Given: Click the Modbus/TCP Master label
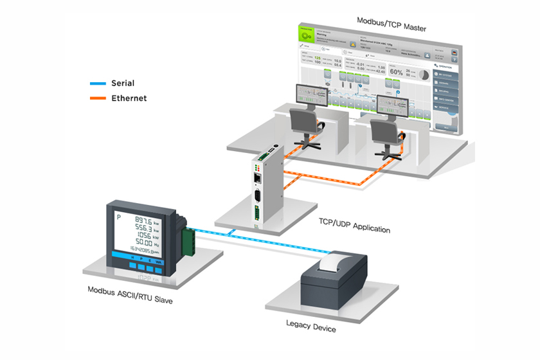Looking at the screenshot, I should pyautogui.click(x=392, y=19).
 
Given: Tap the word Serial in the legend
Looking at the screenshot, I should pyautogui.click(x=123, y=84).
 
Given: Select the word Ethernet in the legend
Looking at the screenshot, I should pyautogui.click(x=129, y=98).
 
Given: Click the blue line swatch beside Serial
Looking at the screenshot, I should pyautogui.click(x=97, y=84).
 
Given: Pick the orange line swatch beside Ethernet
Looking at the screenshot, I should pyautogui.click(x=97, y=99).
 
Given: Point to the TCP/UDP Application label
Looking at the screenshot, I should pyautogui.click(x=354, y=229).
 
